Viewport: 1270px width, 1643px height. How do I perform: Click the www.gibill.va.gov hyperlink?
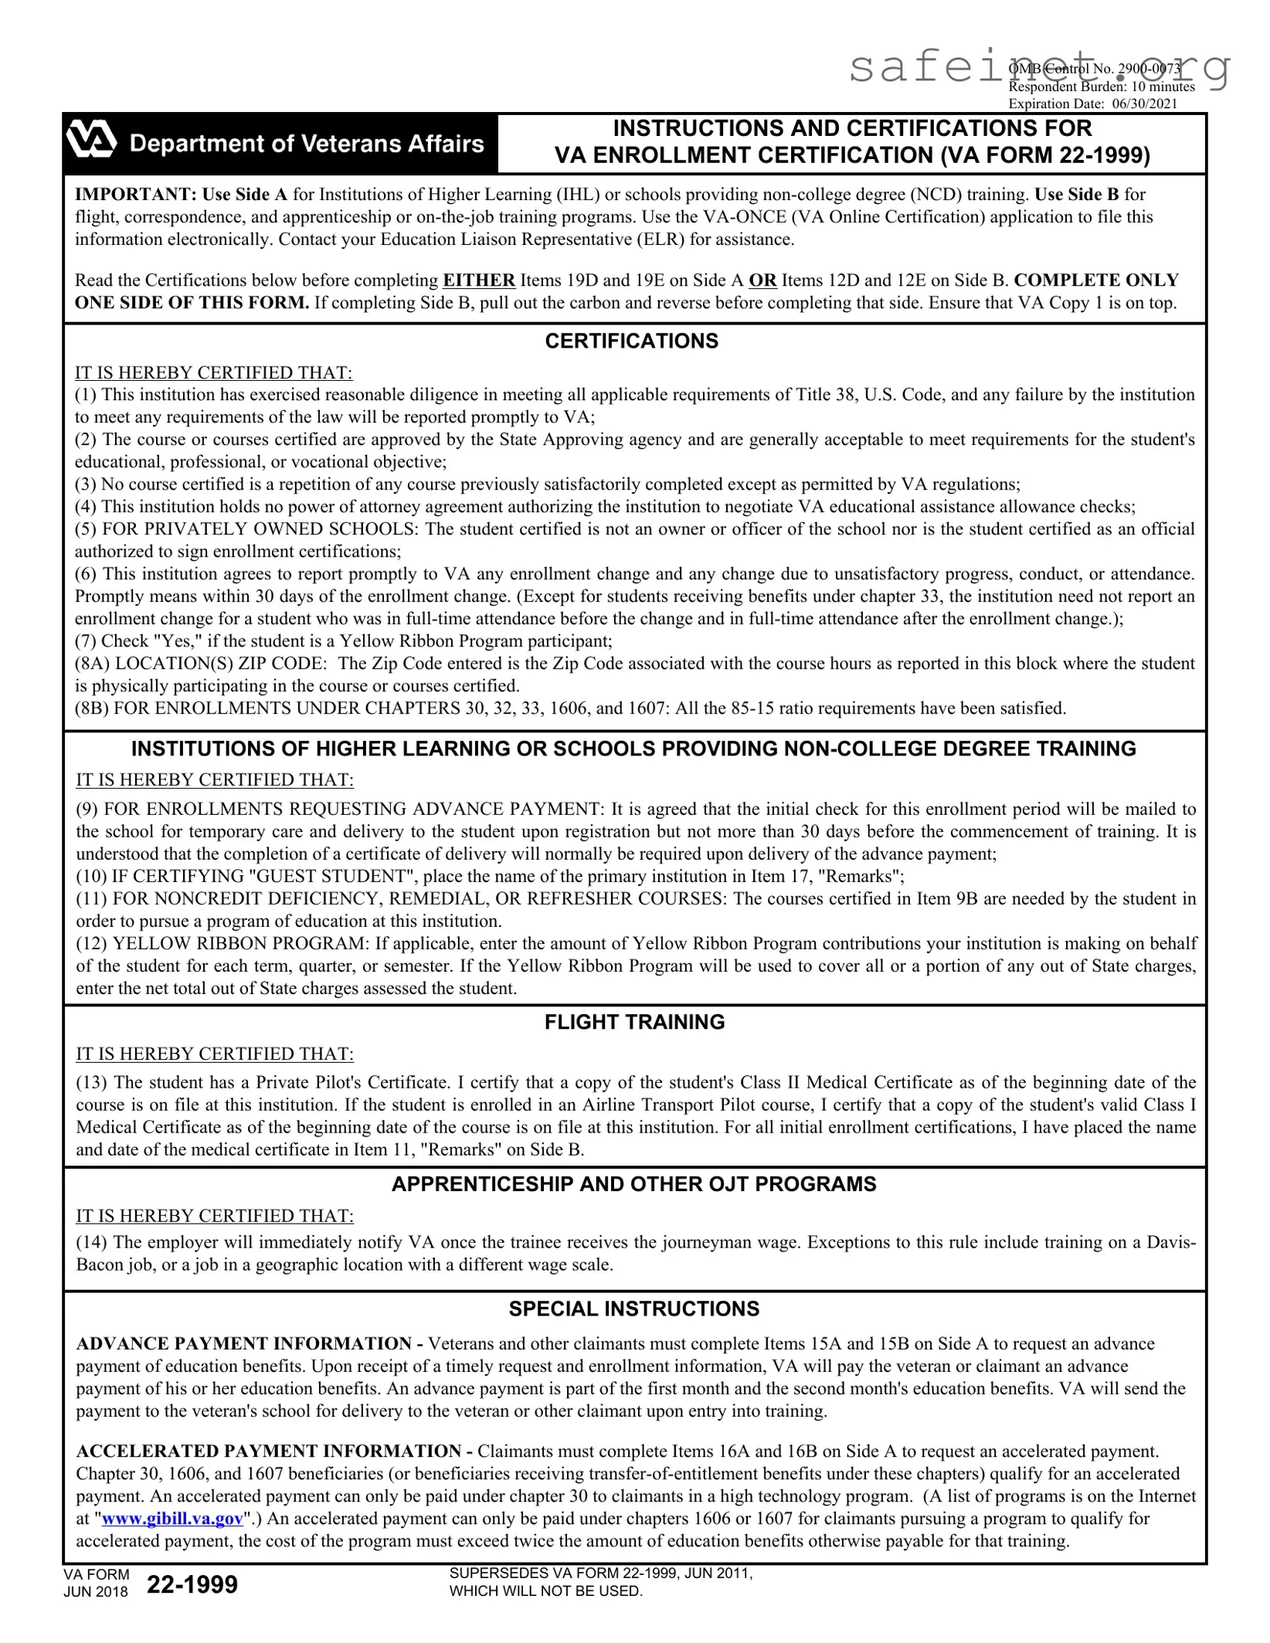(x=172, y=1518)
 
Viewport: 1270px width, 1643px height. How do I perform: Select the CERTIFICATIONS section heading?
(x=631, y=341)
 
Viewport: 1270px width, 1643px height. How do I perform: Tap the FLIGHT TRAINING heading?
(x=634, y=1022)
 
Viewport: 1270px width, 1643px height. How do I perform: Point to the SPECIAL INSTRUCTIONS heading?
(x=633, y=1309)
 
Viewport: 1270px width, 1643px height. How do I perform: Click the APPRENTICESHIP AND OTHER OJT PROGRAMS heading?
(x=633, y=1184)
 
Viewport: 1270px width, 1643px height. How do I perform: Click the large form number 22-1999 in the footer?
(x=192, y=1584)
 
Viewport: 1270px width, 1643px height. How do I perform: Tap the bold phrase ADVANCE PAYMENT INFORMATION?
(x=243, y=1343)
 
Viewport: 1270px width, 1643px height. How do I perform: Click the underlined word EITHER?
(x=478, y=280)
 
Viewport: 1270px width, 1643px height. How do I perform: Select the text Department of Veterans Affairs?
(x=307, y=144)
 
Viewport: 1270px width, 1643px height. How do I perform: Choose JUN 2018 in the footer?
(x=96, y=1592)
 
